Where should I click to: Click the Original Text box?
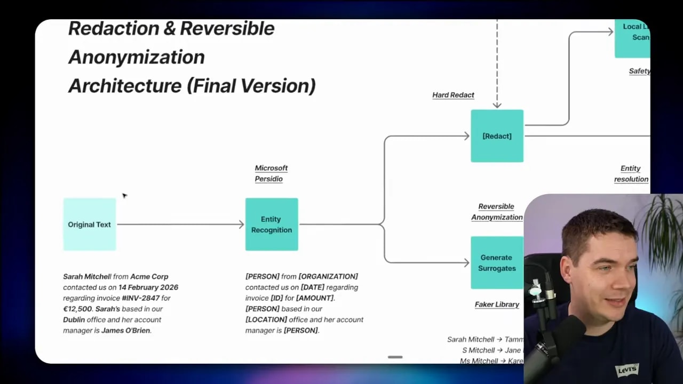coord(89,225)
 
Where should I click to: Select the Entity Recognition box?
coord(272,225)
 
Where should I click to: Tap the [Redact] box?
coord(497,136)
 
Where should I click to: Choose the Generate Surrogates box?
coord(497,263)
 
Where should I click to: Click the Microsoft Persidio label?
coord(271,173)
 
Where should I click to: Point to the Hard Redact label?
coord(453,95)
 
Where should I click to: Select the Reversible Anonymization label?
coord(496,212)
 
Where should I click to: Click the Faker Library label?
coord(497,305)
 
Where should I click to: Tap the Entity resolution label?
coord(631,174)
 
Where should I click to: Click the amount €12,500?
coord(77,309)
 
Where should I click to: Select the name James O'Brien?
coord(126,331)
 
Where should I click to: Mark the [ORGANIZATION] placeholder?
coord(328,276)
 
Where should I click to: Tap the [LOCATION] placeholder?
coord(266,319)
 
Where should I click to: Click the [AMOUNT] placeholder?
coord(314,298)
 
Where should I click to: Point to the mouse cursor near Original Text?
coord(124,196)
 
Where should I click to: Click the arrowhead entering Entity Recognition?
coord(241,225)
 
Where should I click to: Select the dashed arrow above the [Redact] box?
coord(497,64)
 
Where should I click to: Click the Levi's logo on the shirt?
coord(626,370)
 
